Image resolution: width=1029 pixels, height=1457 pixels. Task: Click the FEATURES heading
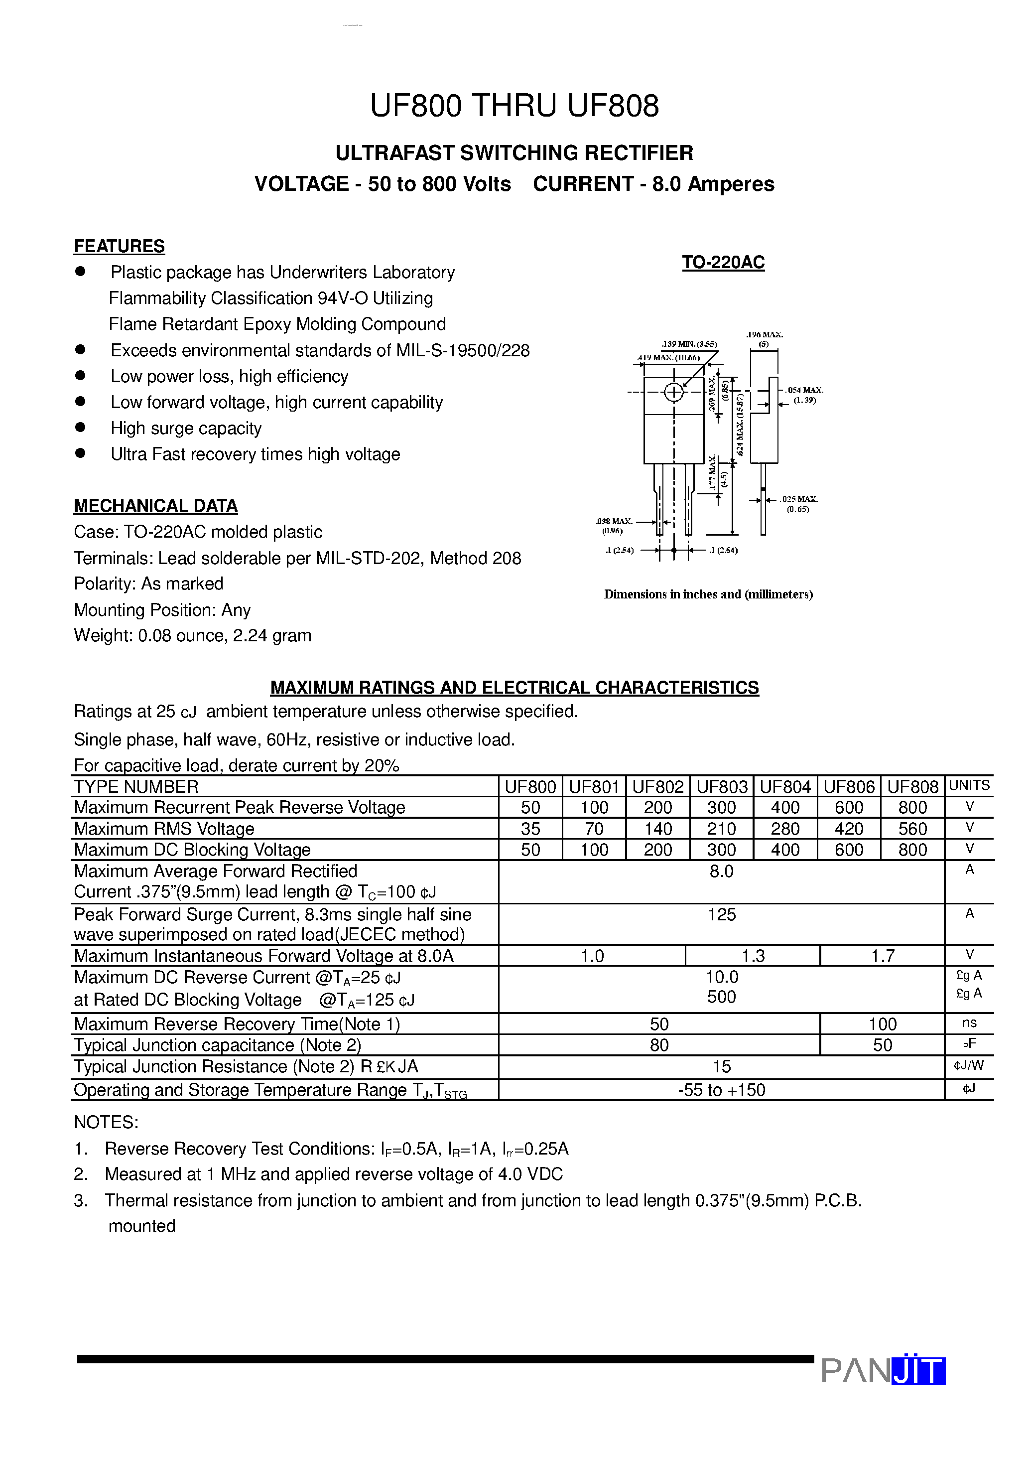click(119, 246)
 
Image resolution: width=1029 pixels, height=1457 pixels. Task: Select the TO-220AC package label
click(723, 262)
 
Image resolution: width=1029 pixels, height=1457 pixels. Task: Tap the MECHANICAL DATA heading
click(155, 506)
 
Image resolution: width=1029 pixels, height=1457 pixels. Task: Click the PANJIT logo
click(883, 1371)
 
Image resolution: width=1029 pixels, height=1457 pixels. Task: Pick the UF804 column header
click(785, 787)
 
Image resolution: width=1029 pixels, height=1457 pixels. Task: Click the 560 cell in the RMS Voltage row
click(912, 829)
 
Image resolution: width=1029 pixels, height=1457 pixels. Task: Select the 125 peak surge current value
click(721, 914)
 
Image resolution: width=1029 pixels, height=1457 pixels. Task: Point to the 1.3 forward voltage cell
click(753, 956)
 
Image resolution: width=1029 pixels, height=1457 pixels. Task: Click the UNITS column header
click(969, 786)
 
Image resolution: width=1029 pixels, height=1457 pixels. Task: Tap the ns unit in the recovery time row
click(969, 1023)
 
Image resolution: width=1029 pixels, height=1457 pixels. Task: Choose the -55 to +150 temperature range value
click(721, 1090)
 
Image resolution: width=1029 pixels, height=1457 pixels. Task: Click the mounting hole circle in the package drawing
click(674, 392)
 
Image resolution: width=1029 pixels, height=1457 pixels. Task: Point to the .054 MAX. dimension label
click(804, 390)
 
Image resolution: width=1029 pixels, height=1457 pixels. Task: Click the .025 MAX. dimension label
click(799, 499)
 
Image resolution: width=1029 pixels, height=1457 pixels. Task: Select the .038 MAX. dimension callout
click(614, 522)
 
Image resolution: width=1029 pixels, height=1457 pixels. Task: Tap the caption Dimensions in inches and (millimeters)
click(708, 594)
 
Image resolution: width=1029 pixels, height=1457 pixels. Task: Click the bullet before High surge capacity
click(80, 428)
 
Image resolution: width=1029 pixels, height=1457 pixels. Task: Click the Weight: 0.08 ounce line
click(192, 636)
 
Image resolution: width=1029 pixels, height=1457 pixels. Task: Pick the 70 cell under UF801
click(594, 829)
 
